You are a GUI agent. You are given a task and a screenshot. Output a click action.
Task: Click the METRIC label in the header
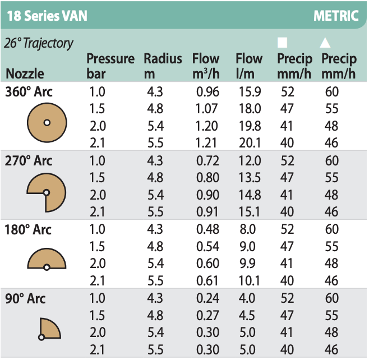tap(336, 15)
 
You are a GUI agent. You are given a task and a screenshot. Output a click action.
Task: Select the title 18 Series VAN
tap(48, 15)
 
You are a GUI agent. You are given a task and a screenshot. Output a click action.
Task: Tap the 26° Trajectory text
tap(39, 43)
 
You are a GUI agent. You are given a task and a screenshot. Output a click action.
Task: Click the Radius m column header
tap(163, 66)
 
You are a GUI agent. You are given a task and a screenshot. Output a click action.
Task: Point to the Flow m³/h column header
tap(206, 66)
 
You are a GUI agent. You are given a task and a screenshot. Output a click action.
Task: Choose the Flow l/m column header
tap(249, 66)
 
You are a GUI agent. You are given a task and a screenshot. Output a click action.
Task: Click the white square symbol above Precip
tap(283, 43)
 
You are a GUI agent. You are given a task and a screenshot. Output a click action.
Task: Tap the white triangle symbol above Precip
tap(325, 43)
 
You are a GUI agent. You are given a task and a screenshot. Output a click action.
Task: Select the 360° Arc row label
tap(29, 92)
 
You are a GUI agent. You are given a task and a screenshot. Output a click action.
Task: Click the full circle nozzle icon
tap(47, 123)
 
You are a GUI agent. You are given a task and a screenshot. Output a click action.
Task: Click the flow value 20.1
tap(249, 144)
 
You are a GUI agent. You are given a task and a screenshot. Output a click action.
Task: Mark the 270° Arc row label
tap(29, 161)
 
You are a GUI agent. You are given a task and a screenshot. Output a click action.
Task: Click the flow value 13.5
tap(249, 179)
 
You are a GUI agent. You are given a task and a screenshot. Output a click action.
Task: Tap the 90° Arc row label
tap(26, 299)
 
